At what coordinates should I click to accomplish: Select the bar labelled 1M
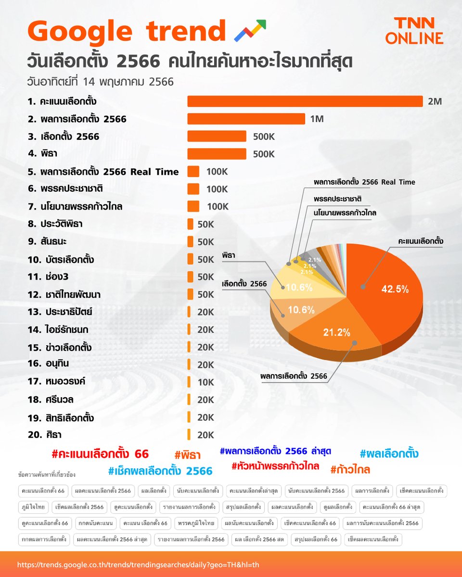click(246, 119)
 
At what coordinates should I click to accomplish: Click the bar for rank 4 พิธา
click(217, 154)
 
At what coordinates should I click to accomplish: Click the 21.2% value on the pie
click(336, 332)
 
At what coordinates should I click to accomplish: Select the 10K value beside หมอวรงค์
click(205, 382)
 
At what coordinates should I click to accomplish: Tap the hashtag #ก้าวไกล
click(350, 469)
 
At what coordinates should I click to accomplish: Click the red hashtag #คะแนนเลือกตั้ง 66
click(100, 454)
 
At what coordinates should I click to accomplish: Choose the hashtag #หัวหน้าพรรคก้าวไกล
click(275, 466)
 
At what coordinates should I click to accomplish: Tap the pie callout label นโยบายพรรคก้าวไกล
click(345, 212)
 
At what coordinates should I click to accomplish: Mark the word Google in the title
click(79, 31)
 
